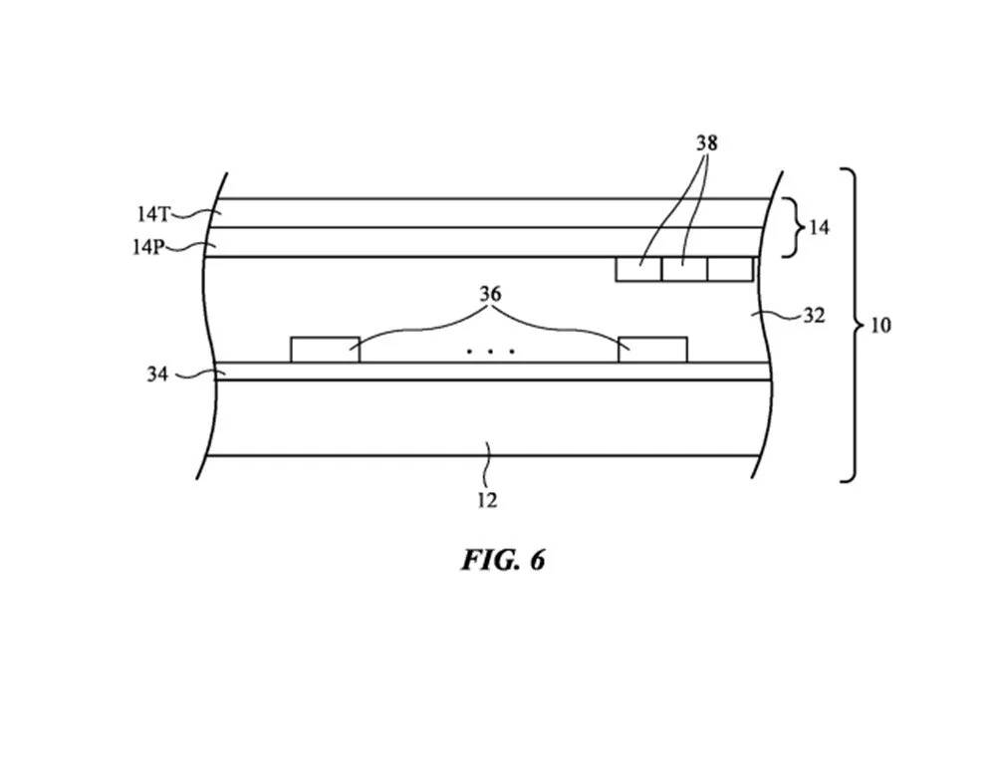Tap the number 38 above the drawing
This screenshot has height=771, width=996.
click(706, 143)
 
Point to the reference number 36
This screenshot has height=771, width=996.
click(490, 295)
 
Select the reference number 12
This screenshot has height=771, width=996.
click(487, 501)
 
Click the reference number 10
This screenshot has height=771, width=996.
click(880, 326)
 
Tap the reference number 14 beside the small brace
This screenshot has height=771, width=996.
click(818, 228)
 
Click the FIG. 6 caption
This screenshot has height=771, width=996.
click(503, 560)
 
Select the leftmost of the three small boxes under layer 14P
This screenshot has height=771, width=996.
click(638, 269)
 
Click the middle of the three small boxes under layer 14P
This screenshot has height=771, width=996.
click(684, 269)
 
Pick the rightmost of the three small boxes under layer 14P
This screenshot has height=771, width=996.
click(730, 269)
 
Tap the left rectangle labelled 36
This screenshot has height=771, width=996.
click(325, 350)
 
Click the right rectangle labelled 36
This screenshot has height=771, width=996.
click(653, 350)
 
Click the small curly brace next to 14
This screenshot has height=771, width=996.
click(791, 228)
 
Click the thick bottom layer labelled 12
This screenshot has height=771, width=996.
click(488, 418)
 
